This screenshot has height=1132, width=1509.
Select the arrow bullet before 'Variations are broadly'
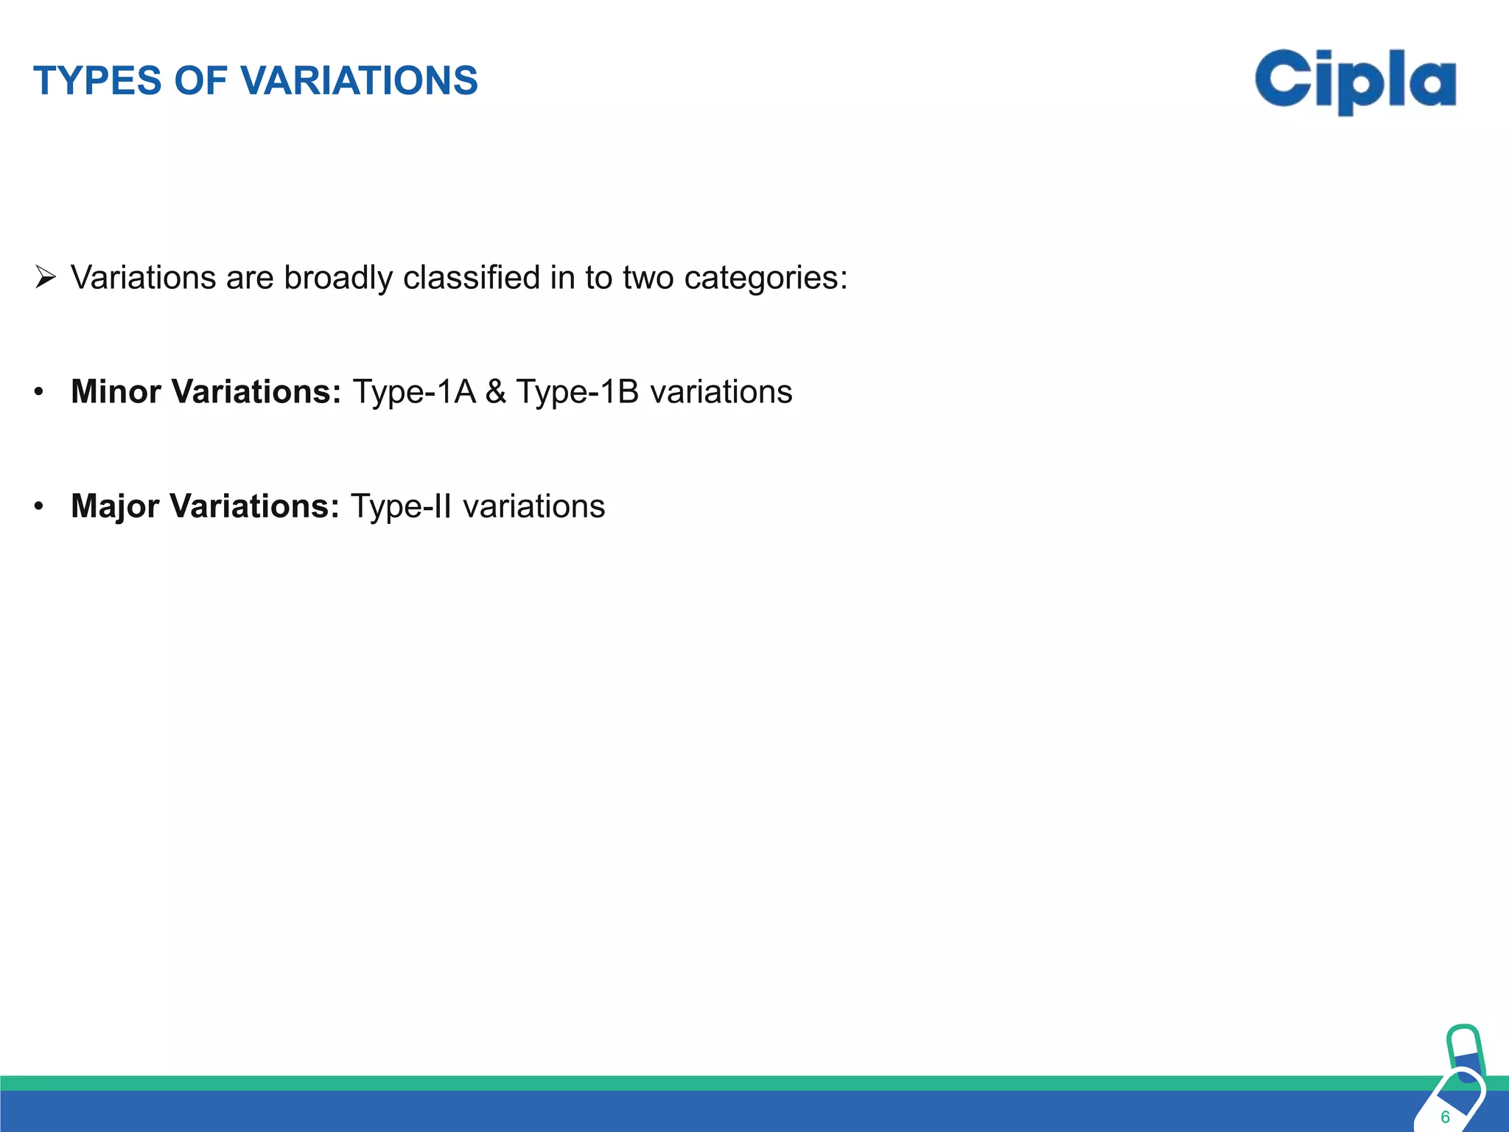point(46,278)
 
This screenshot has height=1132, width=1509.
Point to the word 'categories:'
point(766,278)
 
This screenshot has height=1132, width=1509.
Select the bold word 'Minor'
point(116,391)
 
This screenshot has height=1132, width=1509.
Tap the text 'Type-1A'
point(414,391)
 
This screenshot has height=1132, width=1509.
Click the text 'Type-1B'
point(577,391)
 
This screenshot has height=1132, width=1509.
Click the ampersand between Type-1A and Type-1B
point(496,391)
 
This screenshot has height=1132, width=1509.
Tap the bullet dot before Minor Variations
point(39,391)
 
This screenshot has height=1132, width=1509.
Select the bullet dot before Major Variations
point(39,506)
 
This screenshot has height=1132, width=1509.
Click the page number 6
point(1445,1117)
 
